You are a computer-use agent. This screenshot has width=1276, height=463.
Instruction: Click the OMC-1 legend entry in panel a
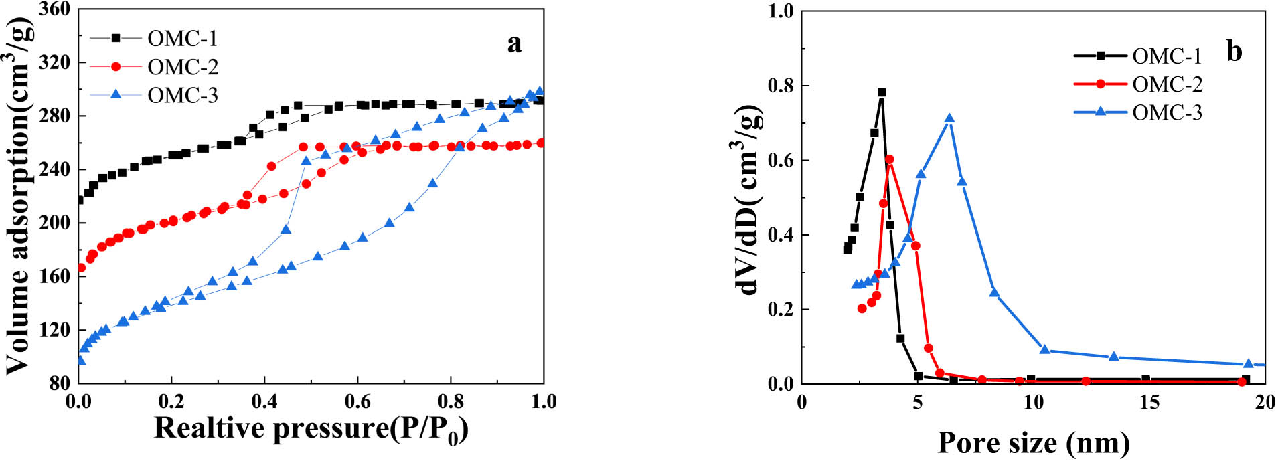(x=182, y=39)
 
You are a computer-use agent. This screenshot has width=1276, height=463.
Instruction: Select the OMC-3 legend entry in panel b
(x=1167, y=112)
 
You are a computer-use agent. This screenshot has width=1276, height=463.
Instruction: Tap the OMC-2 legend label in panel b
(x=1167, y=84)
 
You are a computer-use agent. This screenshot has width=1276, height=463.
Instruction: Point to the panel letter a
(x=513, y=44)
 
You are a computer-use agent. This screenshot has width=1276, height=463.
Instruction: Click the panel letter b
(x=1234, y=51)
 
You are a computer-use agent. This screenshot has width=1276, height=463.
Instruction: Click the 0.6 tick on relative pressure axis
(x=357, y=401)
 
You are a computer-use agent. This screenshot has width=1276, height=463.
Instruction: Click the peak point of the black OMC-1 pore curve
(x=882, y=93)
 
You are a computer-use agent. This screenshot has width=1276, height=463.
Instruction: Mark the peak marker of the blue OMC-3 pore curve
(x=949, y=119)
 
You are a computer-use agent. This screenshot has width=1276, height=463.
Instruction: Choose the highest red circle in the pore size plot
(x=889, y=159)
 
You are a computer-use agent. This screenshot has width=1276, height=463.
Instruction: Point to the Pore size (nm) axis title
(x=1033, y=443)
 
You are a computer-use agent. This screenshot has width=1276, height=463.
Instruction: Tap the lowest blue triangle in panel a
(x=80, y=361)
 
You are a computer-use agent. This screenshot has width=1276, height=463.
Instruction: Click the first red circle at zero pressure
(x=81, y=268)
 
